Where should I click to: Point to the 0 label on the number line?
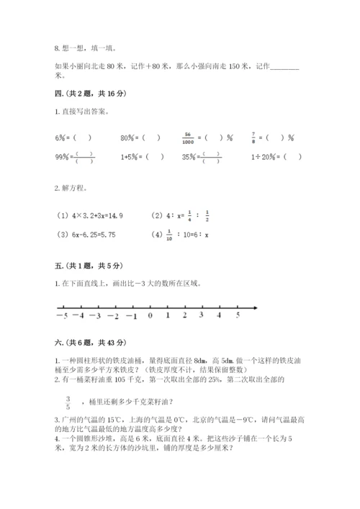(150, 315)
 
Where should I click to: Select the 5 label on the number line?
(238, 315)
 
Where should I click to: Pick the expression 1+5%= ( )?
(142, 156)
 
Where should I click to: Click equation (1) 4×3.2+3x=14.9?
(90, 215)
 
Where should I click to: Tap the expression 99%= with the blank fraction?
(69, 156)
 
